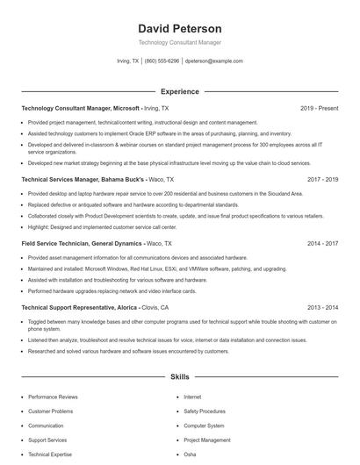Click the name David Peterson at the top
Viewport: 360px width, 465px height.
coord(180,29)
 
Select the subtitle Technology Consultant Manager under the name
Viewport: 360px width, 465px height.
coord(180,42)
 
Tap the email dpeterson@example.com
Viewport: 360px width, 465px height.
coord(213,61)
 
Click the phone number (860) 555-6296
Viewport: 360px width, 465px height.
coord(162,61)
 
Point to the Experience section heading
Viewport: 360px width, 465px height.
coord(180,91)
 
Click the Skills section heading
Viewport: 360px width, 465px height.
coord(180,376)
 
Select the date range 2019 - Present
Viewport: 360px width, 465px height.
coord(319,108)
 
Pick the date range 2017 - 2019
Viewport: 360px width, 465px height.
coord(322,179)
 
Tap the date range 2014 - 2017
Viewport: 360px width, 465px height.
coord(322,243)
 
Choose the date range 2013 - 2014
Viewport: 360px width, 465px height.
coord(322,308)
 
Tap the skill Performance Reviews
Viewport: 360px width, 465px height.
coord(53,397)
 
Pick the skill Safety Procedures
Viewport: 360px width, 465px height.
coord(205,411)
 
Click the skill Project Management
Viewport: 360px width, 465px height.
coord(207,440)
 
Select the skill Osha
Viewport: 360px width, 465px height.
coord(190,454)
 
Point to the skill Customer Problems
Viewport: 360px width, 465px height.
coord(51,411)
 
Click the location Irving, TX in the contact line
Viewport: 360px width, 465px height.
coord(127,61)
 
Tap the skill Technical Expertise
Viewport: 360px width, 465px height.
coord(50,454)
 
